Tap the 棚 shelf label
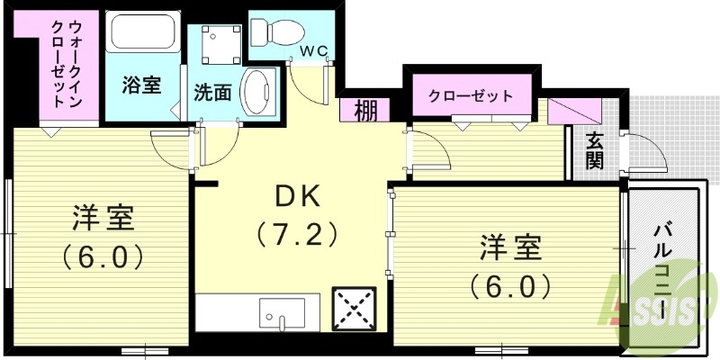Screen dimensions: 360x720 click(x=365, y=111)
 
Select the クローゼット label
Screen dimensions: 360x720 click(x=470, y=94)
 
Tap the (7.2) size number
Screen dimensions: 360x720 click(x=297, y=235)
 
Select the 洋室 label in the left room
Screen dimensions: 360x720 click(x=103, y=219)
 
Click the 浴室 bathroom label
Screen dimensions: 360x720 click(x=141, y=85)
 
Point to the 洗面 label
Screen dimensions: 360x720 click(x=213, y=92)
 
